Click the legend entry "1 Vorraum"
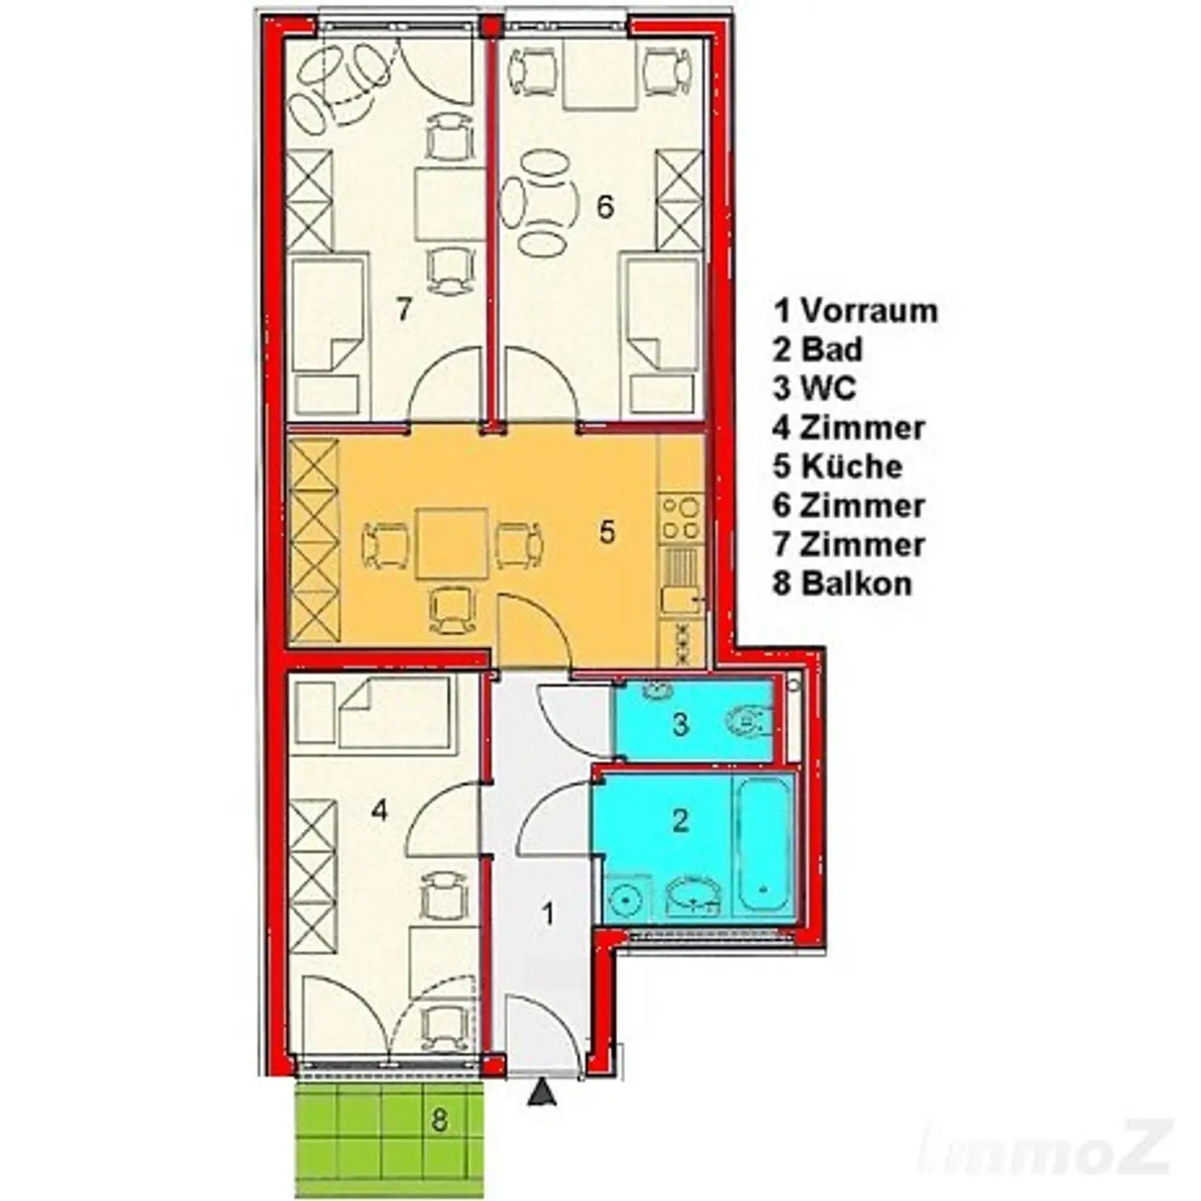pos(855,310)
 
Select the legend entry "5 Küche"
pos(837,467)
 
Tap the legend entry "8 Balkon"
pos(842,584)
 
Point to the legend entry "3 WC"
pos(814,389)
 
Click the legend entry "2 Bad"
pos(818,350)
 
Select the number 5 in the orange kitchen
pos(607,532)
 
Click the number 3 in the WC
pos(680,724)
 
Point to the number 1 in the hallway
pos(548,913)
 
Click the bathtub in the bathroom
pos(763,844)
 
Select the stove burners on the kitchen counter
pos(681,518)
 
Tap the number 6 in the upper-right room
pos(604,206)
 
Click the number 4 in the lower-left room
pos(379,810)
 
